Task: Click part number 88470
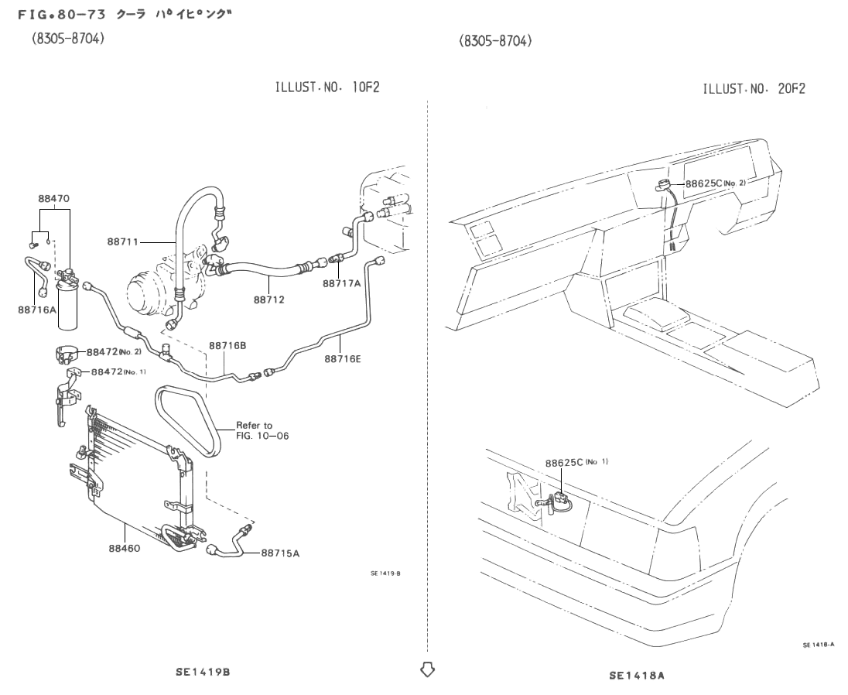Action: click(54, 198)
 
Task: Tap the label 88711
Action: click(124, 242)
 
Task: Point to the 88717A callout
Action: click(342, 283)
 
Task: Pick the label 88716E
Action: click(344, 358)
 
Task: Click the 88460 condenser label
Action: click(124, 547)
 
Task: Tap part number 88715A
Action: click(279, 553)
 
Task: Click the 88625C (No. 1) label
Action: click(576, 463)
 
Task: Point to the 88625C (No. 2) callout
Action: click(715, 183)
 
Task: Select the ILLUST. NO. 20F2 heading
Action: click(754, 89)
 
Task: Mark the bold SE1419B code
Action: click(202, 672)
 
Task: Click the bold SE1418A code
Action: click(636, 676)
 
